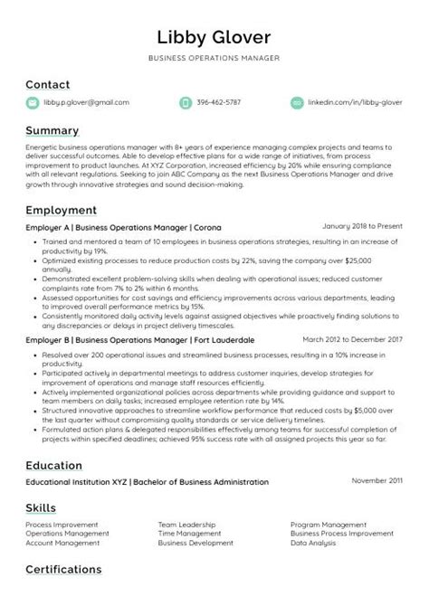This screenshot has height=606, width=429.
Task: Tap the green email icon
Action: pyautogui.click(x=33, y=103)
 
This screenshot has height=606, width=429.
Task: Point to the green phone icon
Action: pyautogui.click(x=186, y=103)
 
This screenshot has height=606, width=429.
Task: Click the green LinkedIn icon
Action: pyautogui.click(x=297, y=103)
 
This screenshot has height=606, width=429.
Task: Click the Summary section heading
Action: pyautogui.click(x=52, y=131)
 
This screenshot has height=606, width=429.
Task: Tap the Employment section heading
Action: pyautogui.click(x=61, y=210)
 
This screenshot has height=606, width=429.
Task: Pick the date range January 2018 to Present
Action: pyautogui.click(x=361, y=226)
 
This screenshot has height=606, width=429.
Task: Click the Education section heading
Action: pyautogui.click(x=53, y=465)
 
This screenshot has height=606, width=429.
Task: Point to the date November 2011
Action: pyautogui.click(x=377, y=481)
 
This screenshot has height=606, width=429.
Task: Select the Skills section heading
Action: pyautogui.click(x=41, y=507)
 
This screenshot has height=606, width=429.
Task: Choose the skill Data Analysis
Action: pyautogui.click(x=313, y=543)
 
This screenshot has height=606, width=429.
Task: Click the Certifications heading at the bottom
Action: pyautogui.click(x=63, y=570)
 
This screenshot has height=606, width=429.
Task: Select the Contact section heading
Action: pyautogui.click(x=48, y=85)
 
